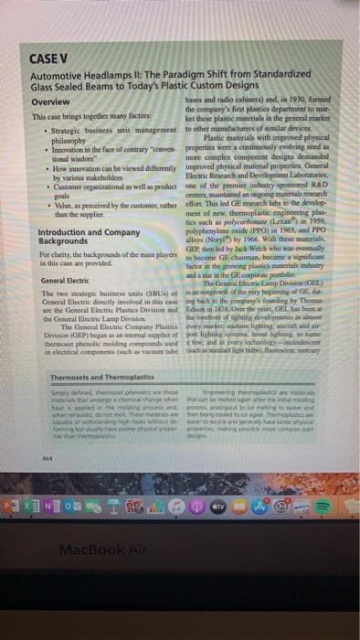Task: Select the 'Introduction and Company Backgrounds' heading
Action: click(71, 239)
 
